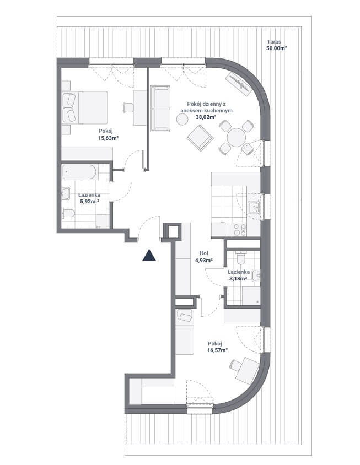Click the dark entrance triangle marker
point(149,256)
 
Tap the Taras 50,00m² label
point(276,45)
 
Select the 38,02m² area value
point(206,117)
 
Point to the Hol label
point(203,253)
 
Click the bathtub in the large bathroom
point(79,172)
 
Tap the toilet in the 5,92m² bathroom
point(69,213)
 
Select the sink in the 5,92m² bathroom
point(66,193)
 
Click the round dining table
point(237,137)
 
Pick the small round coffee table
point(182,119)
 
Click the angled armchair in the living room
point(200,137)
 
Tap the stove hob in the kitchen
point(239,229)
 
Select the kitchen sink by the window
point(254,207)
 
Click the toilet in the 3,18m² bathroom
point(241,258)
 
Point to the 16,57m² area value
point(217,350)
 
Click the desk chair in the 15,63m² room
point(128,107)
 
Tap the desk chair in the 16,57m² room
point(235,365)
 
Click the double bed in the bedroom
point(85,107)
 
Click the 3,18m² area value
point(238,278)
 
